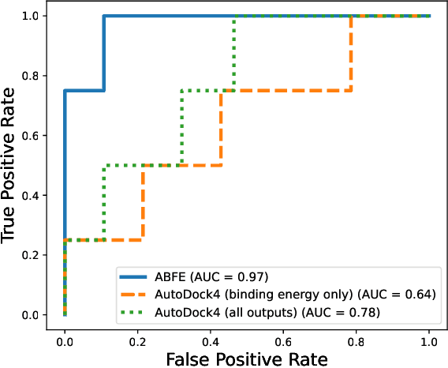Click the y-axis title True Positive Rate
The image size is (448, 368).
point(11,165)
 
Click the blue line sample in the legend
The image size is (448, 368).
point(136,276)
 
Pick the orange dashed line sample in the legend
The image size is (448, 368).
point(136,295)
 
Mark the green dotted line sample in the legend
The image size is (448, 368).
point(136,312)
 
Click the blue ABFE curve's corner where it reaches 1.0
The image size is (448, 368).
point(103,16)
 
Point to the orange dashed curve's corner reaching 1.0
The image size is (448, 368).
point(351,16)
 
